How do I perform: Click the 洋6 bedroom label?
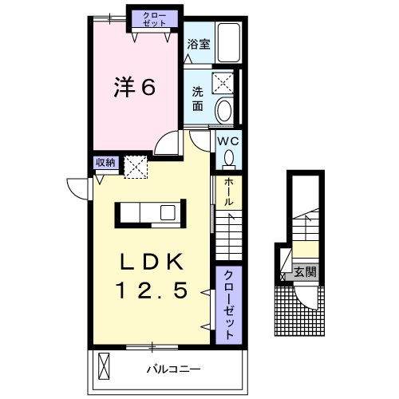click(x=135, y=87)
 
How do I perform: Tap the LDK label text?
click(x=152, y=262)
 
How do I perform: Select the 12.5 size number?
click(x=152, y=290)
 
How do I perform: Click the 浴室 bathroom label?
click(x=199, y=44)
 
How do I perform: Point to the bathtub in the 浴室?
click(x=229, y=42)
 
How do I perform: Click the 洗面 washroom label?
click(x=198, y=99)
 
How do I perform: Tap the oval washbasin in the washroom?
click(x=224, y=110)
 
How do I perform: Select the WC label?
click(x=228, y=141)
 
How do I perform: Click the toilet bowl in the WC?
click(x=229, y=160)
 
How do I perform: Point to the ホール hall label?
click(x=228, y=192)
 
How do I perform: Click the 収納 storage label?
click(x=105, y=162)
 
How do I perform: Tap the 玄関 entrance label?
click(x=306, y=272)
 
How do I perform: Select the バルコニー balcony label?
click(x=173, y=369)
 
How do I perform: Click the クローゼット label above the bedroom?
click(x=155, y=19)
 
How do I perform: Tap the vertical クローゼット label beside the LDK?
click(x=228, y=305)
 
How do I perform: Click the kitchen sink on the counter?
click(x=168, y=213)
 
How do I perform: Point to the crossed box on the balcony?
click(x=104, y=366)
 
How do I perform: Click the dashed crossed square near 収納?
click(x=136, y=167)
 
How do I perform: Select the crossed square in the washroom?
click(x=223, y=83)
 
